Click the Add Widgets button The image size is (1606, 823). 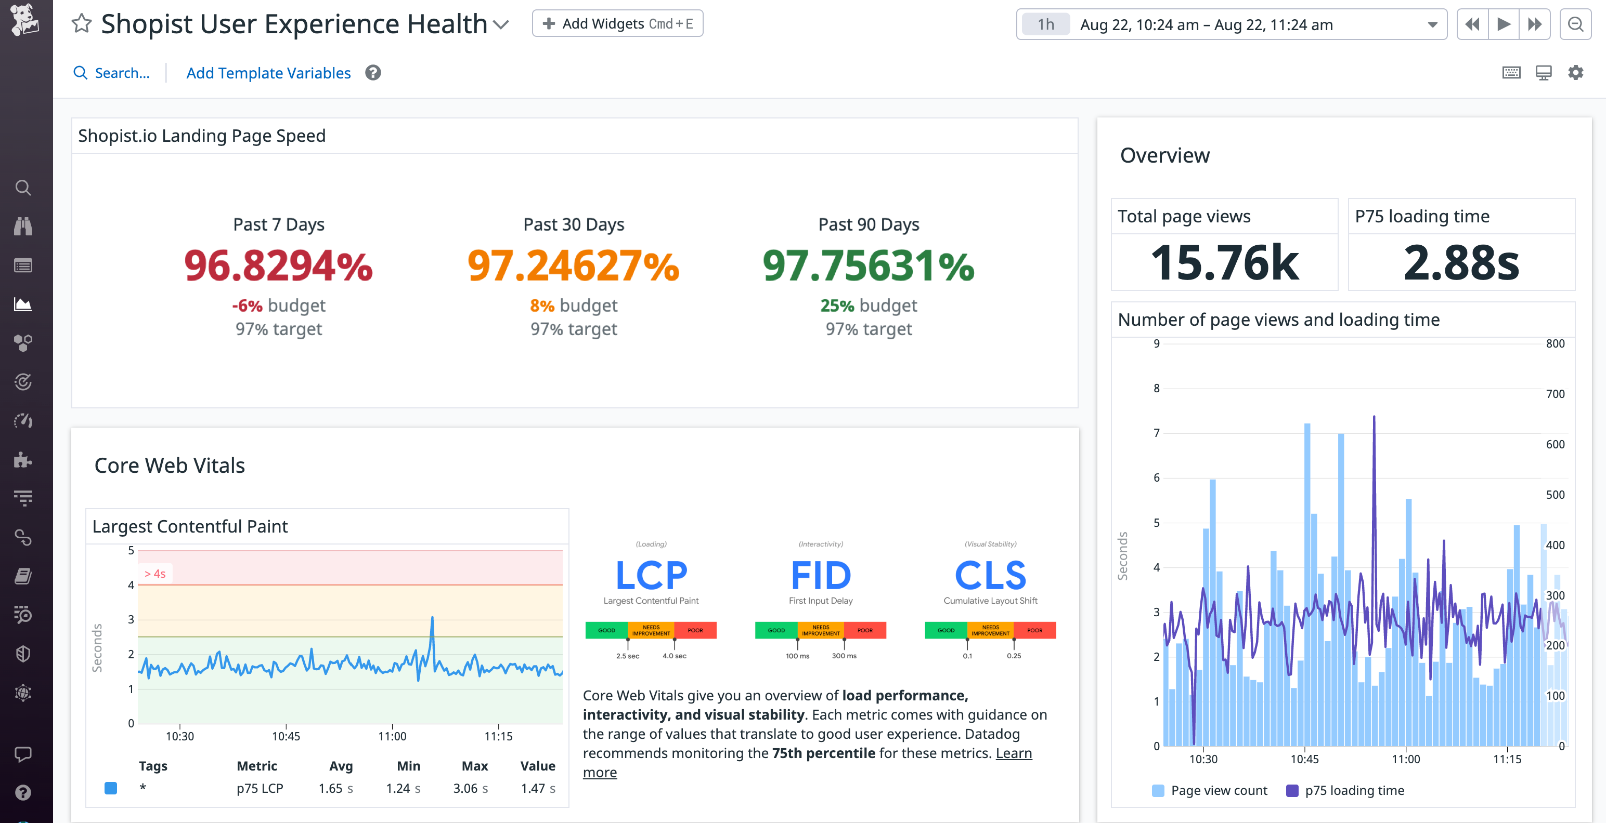tap(617, 24)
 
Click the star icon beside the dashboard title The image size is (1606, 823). tap(82, 24)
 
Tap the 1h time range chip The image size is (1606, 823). tap(1045, 25)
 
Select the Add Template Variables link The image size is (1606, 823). tap(268, 73)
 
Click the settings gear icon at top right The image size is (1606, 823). tap(1575, 73)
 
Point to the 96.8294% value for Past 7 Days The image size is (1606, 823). tap(278, 266)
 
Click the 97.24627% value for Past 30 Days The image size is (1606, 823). tap(573, 266)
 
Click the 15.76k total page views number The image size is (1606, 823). tap(1224, 263)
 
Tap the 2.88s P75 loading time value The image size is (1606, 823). tap(1461, 263)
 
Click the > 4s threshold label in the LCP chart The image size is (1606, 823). tap(155, 574)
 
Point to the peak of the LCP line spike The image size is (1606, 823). tap(432, 617)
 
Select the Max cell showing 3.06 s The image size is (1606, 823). tap(470, 788)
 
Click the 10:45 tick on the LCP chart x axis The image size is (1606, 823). tap(286, 736)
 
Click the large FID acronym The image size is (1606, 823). tap(821, 575)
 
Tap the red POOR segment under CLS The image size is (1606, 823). tap(1034, 630)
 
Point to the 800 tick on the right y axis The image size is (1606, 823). tap(1555, 344)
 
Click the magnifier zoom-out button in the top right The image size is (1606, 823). tap(1575, 25)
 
